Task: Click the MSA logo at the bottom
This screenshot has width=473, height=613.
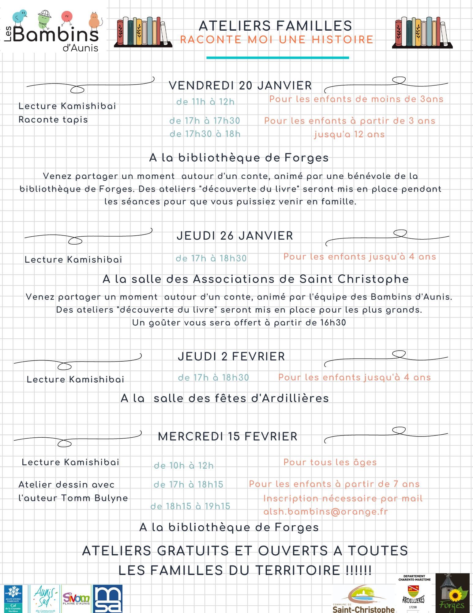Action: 108,599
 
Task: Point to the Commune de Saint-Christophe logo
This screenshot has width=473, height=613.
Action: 363,599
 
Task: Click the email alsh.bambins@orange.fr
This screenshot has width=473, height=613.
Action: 325,512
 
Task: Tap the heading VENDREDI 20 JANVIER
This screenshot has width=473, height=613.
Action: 240,86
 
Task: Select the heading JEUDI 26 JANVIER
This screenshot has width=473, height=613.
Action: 235,236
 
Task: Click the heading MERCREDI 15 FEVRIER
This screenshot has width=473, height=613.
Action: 227,436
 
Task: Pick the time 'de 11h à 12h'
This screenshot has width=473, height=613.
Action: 205,102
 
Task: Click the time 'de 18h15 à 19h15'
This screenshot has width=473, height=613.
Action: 190,506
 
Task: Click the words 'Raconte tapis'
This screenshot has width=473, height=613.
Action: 53,120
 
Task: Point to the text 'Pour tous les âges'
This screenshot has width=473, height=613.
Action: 330,462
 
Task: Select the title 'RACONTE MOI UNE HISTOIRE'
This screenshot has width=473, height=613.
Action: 277,40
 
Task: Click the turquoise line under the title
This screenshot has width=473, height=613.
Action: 277,58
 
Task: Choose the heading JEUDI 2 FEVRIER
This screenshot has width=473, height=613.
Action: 231,356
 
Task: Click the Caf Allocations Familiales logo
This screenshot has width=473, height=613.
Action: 13,599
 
